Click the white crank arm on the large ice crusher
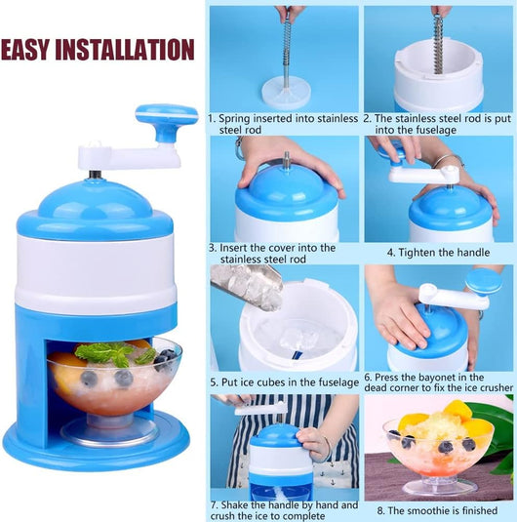[129, 156]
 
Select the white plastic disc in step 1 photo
[286, 95]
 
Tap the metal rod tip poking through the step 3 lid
[286, 157]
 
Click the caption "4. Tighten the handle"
[438, 253]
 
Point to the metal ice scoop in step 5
[247, 287]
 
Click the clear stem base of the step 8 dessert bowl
[439, 487]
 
